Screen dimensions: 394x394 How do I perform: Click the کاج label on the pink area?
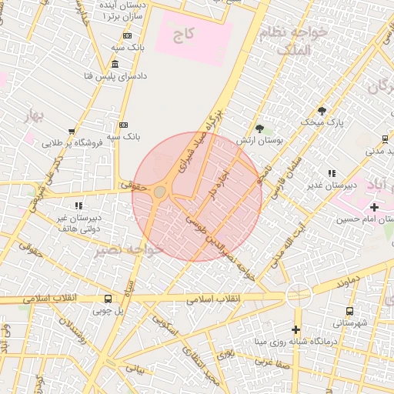pyautogui.click(x=182, y=35)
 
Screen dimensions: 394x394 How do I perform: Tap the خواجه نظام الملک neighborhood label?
pyautogui.click(x=304, y=40)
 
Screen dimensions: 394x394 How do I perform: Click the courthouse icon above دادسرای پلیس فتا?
pyautogui.click(x=115, y=64)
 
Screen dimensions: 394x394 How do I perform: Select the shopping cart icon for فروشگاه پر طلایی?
pyautogui.click(x=72, y=132)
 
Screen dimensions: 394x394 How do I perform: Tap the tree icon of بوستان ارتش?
pyautogui.click(x=259, y=129)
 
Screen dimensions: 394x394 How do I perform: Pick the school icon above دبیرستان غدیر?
pyautogui.click(x=332, y=174)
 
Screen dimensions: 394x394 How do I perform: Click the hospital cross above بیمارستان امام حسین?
pyautogui.click(x=374, y=207)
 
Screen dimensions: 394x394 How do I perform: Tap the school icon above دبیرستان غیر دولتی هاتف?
pyautogui.click(x=78, y=205)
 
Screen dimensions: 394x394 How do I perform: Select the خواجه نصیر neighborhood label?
pyautogui.click(x=129, y=250)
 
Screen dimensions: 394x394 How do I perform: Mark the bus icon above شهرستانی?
pyautogui.click(x=350, y=311)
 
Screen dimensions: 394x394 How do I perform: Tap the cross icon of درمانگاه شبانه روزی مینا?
pyautogui.click(x=295, y=329)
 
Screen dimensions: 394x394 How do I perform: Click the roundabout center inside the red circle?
pyautogui.click(x=160, y=192)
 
